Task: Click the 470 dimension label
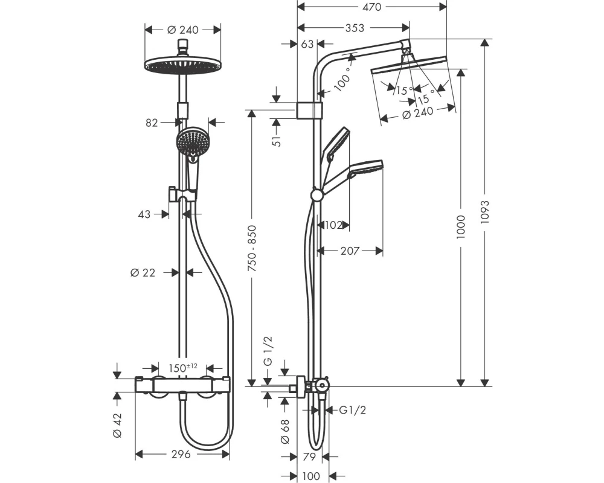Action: point(371,7)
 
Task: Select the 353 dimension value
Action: point(355,28)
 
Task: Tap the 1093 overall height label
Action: point(484,212)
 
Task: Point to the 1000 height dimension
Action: point(461,227)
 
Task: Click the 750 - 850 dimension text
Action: point(252,248)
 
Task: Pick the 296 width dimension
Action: point(181,455)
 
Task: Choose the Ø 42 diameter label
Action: point(118,425)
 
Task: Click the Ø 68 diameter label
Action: point(285,432)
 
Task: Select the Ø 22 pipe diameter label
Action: point(143,273)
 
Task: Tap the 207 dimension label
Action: point(350,251)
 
